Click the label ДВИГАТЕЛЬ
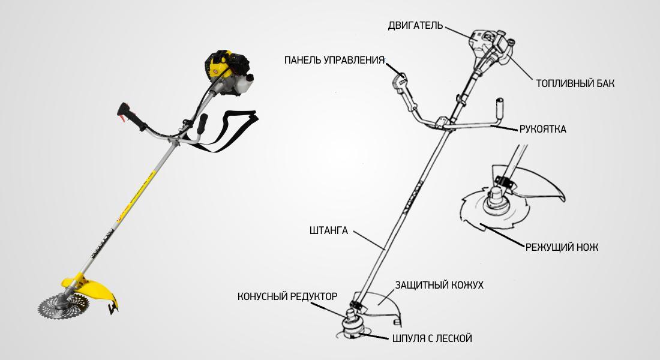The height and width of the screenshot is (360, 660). [x=415, y=25]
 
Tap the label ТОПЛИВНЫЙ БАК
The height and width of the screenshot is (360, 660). [x=575, y=83]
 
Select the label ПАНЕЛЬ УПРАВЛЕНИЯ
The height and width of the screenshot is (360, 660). [x=334, y=60]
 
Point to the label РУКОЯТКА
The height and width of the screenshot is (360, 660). [x=543, y=129]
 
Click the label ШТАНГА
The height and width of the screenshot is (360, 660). [x=329, y=230]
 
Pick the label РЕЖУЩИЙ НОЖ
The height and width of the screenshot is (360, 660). [x=562, y=247]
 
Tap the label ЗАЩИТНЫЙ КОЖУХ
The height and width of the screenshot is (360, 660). [x=439, y=285]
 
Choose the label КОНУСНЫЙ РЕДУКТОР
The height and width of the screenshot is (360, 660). [x=287, y=296]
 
